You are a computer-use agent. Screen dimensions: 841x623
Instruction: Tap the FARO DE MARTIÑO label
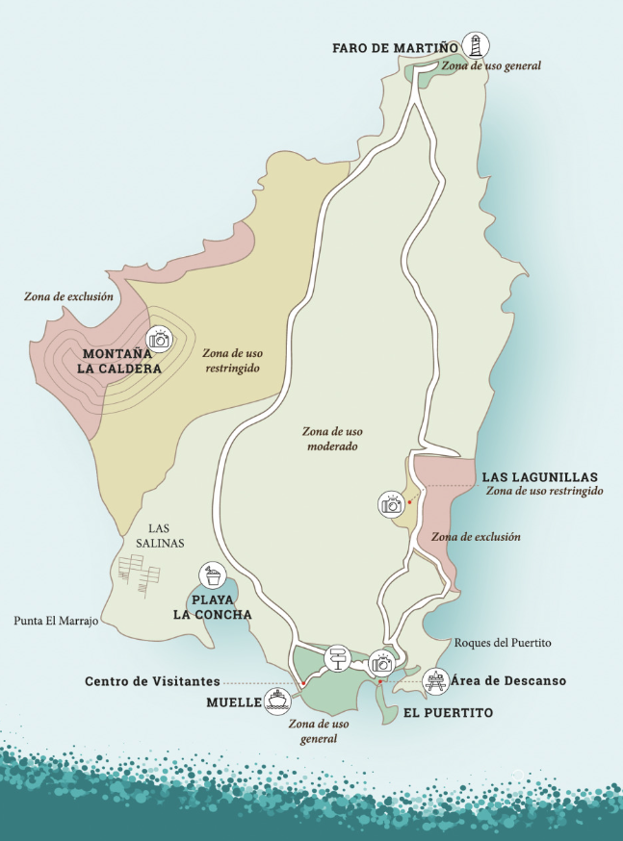click(395, 47)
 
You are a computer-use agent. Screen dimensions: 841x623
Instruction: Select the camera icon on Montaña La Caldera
click(159, 339)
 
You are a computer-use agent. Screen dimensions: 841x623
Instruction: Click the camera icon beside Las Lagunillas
click(391, 504)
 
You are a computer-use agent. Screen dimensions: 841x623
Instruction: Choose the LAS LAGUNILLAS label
click(539, 476)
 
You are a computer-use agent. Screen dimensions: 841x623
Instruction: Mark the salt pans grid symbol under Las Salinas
click(138, 574)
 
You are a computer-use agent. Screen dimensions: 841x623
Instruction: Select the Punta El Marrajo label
click(57, 622)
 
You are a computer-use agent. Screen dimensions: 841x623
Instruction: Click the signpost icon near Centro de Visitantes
click(337, 659)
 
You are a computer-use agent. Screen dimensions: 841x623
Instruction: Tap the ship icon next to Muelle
click(277, 699)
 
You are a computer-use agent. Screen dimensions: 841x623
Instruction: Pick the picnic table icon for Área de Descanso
click(436, 681)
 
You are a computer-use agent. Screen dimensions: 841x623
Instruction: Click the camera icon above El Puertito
click(382, 661)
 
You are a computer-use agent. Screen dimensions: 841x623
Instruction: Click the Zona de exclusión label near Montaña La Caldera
click(68, 296)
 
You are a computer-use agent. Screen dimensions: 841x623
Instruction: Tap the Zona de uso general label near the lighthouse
click(491, 66)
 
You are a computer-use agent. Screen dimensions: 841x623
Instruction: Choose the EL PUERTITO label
click(448, 713)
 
